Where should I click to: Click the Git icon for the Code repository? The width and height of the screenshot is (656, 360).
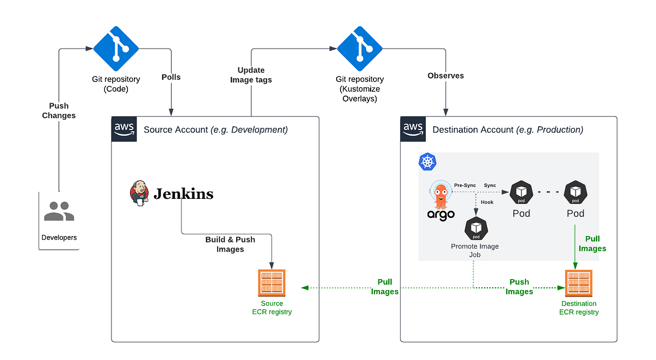point(116,48)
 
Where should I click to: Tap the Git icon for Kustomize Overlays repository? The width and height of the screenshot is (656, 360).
point(359,48)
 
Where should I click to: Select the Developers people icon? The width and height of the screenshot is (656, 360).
point(59,211)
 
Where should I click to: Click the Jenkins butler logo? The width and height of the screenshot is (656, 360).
point(139,193)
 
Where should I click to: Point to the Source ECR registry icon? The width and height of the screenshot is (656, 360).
point(272,284)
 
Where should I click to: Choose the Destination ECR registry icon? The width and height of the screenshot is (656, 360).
point(579,284)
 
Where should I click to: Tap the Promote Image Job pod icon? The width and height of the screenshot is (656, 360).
point(476,229)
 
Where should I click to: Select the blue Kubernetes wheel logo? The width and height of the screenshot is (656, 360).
point(427,161)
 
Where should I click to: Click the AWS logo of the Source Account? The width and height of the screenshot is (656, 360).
point(124,129)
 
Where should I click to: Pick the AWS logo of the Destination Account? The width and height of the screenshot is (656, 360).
point(413,129)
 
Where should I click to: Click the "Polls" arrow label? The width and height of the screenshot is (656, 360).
point(171,77)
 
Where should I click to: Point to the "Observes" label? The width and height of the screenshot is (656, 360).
point(446,76)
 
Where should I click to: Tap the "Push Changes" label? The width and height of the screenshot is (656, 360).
point(59,110)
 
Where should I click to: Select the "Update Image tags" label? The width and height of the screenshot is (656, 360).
point(251,75)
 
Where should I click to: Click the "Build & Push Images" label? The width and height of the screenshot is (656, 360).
point(230,244)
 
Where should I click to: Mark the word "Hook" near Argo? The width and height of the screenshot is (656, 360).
point(487,202)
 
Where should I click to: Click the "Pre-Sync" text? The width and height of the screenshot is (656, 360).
point(465,185)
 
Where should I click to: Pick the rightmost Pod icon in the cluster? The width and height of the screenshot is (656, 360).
point(575,192)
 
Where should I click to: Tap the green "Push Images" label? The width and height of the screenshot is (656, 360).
point(519,287)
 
